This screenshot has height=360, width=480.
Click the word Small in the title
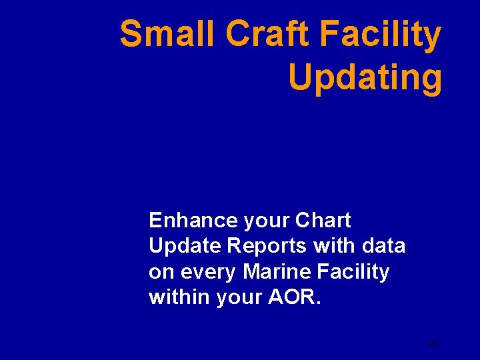click(168, 35)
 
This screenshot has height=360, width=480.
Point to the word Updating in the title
click(365, 79)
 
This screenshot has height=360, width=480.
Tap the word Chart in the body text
click(323, 220)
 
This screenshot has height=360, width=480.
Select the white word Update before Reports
click(185, 247)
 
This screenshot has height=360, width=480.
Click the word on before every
click(160, 272)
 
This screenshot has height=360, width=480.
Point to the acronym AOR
click(294, 297)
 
